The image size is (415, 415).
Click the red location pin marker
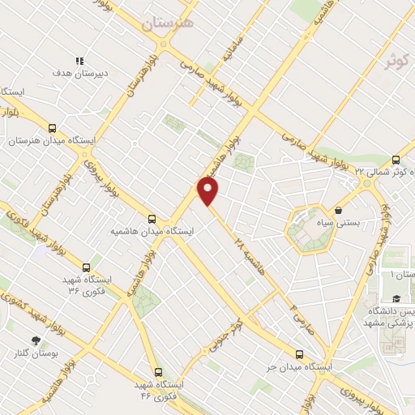(209, 191)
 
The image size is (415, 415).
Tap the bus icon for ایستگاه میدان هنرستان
(53, 128)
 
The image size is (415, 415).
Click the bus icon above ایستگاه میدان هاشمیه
(152, 218)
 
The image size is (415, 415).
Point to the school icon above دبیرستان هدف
(79, 61)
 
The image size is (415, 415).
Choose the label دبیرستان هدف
(79, 73)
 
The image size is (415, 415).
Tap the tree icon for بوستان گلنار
(35, 340)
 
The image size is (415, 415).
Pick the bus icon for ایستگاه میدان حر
(300, 354)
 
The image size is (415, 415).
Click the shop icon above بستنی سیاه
(338, 211)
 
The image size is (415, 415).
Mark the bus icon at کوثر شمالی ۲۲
(396, 160)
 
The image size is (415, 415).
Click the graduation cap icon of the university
(396, 299)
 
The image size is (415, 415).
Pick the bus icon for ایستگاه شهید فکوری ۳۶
(86, 267)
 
